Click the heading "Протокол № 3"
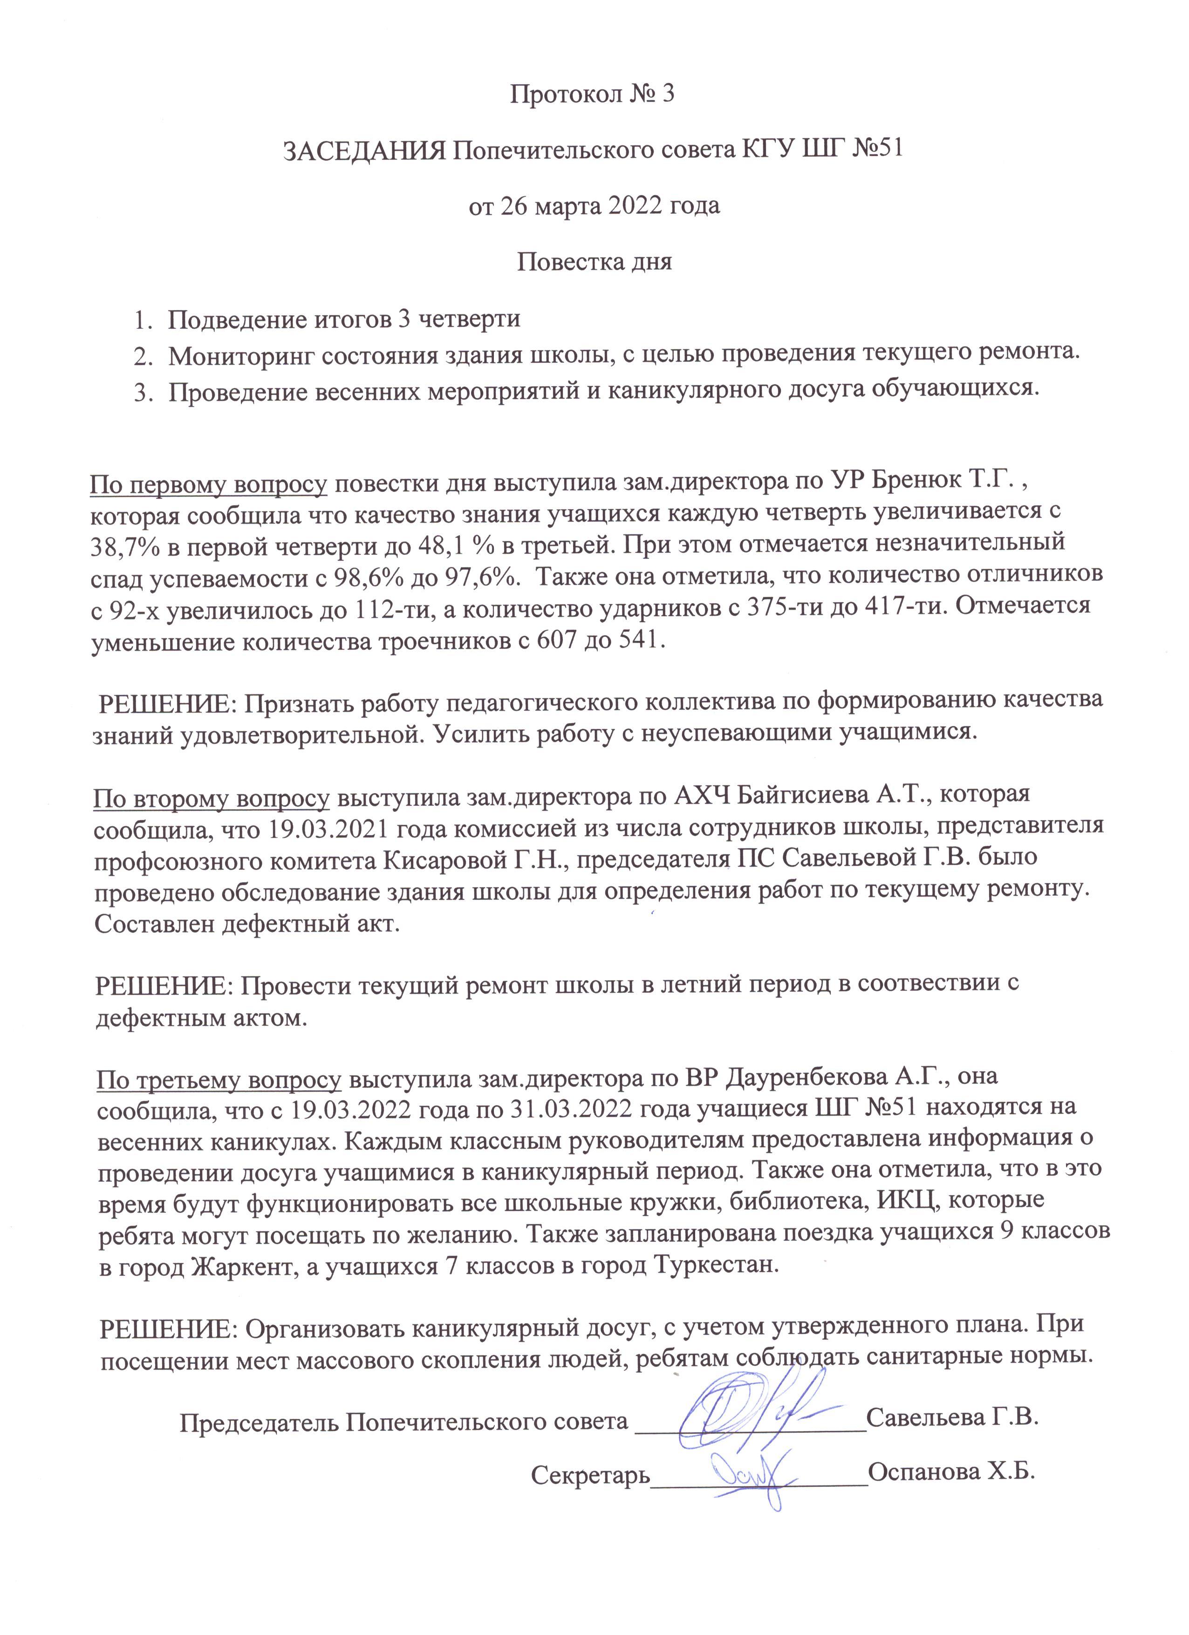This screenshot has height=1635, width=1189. [592, 95]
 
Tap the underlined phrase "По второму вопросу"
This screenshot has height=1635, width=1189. [211, 797]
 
